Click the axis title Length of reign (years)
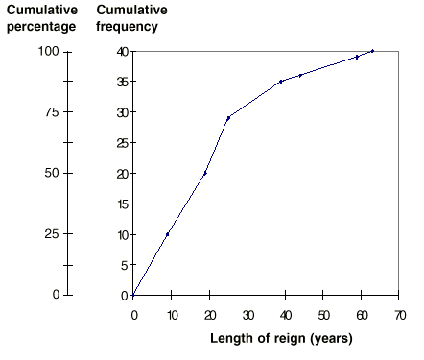tap(281, 338)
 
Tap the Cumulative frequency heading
tap(129, 17)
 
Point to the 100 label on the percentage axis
tap(48, 51)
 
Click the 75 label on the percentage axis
tap(51, 112)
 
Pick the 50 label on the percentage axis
tap(51, 173)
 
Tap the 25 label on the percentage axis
tap(51, 234)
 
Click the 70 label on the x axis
tap(400, 314)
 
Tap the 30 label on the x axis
tap(247, 314)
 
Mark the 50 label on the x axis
tap(323, 314)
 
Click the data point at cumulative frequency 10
tap(168, 234)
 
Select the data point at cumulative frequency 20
tap(205, 173)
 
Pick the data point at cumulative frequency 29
tap(228, 118)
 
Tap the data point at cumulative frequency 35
tap(281, 82)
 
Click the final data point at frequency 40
tap(372, 51)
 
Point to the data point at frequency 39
tap(357, 57)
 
